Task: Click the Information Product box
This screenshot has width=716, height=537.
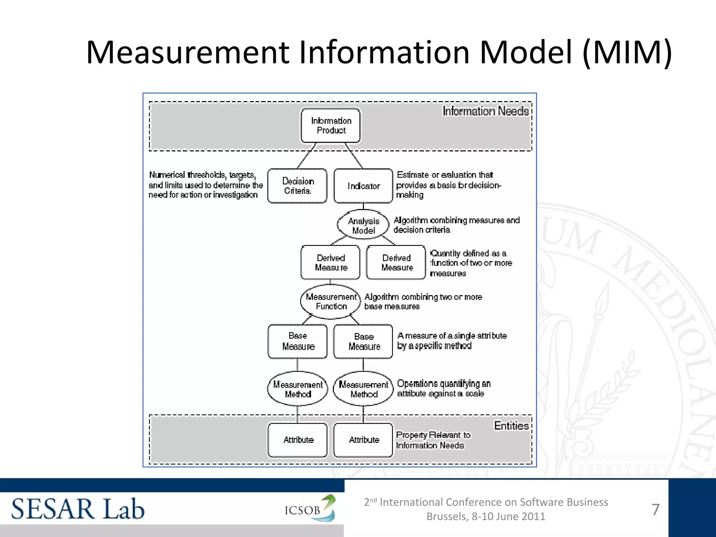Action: [330, 126]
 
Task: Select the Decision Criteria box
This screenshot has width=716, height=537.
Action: [298, 186]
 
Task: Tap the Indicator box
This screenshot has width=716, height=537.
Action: [363, 186]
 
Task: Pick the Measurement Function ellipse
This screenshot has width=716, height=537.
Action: [330, 301]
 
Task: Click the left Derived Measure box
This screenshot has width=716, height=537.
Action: [330, 262]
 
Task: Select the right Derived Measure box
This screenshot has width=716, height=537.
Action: [396, 262]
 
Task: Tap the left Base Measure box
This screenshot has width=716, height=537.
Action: [298, 341]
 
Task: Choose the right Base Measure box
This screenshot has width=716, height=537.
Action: [363, 341]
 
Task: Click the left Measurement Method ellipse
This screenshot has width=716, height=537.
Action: [298, 389]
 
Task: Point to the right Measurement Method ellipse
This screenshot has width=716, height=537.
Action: [363, 389]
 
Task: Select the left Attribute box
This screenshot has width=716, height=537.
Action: [298, 440]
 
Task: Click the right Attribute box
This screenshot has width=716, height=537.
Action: [363, 440]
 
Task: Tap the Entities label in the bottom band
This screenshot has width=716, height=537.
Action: [511, 425]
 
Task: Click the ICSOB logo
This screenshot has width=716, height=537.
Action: [310, 509]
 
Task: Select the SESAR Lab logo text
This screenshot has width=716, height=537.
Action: [78, 509]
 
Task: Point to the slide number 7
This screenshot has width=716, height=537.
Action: [656, 509]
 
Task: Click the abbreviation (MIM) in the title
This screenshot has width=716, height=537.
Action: [628, 52]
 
